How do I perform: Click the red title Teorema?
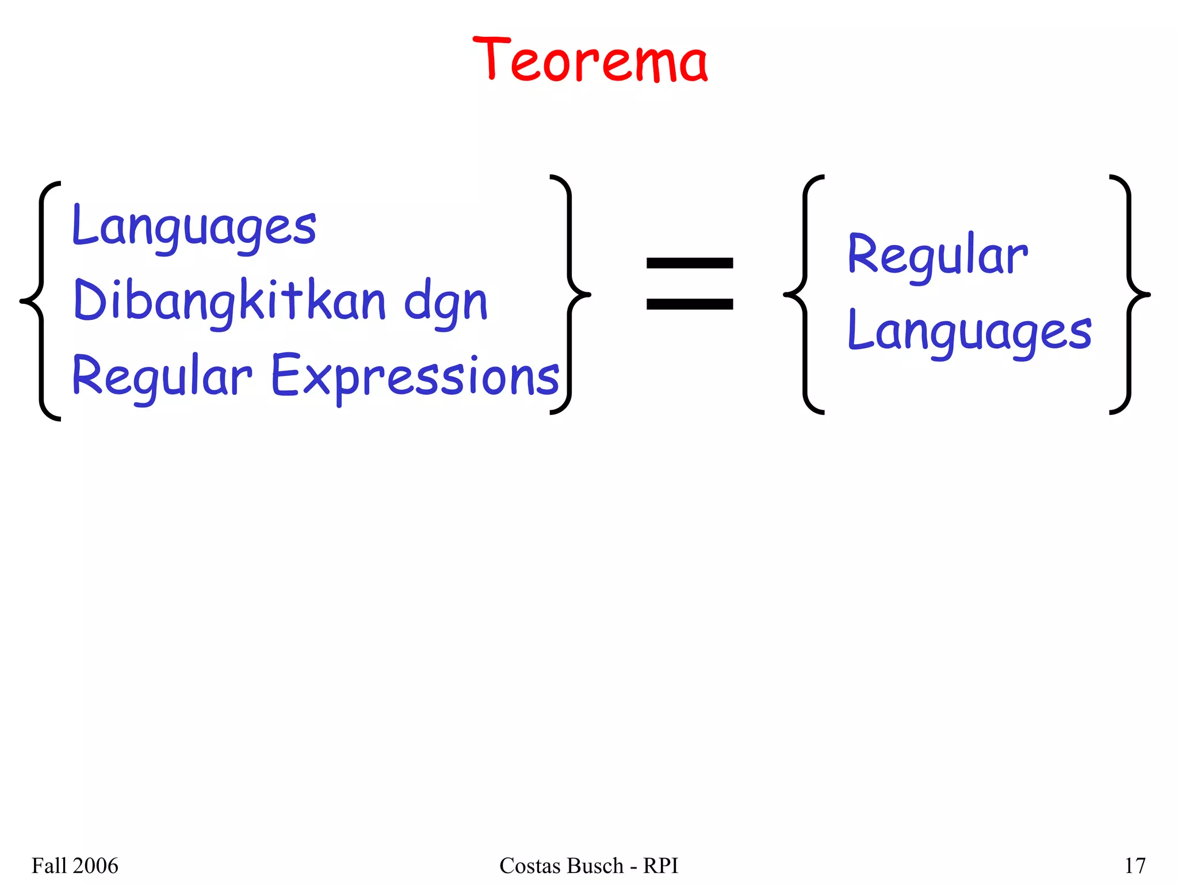pos(590,60)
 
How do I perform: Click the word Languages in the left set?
pos(194,227)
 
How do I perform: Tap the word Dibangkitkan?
pos(230,301)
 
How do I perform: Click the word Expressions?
pos(415,376)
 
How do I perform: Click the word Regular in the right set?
pos(937,256)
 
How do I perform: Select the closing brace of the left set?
pos(569,295)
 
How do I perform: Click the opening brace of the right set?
pos(804,295)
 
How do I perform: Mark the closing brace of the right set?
pos(1129,295)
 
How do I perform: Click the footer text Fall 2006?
pos(75,866)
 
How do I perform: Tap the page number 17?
pos(1134,866)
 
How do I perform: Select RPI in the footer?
pos(660,866)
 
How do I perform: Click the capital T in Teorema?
pos(491,58)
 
